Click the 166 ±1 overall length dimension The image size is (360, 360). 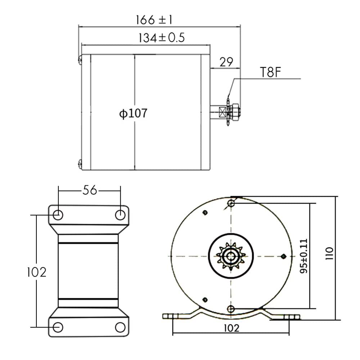pyautogui.click(x=154, y=20)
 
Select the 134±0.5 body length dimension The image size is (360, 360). pyautogui.click(x=162, y=38)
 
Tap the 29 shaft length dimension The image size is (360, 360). pyautogui.click(x=226, y=62)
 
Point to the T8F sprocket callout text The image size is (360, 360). pyautogui.click(x=270, y=72)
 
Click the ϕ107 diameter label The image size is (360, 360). pyautogui.click(x=134, y=113)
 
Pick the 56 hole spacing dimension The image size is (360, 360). pyautogui.click(x=90, y=190)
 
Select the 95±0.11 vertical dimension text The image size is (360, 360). pyautogui.click(x=304, y=256)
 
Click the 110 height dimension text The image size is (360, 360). pyautogui.click(x=329, y=253)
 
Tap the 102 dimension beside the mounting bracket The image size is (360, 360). pyautogui.click(x=37, y=272)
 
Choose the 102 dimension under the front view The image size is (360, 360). pyautogui.click(x=231, y=328)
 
